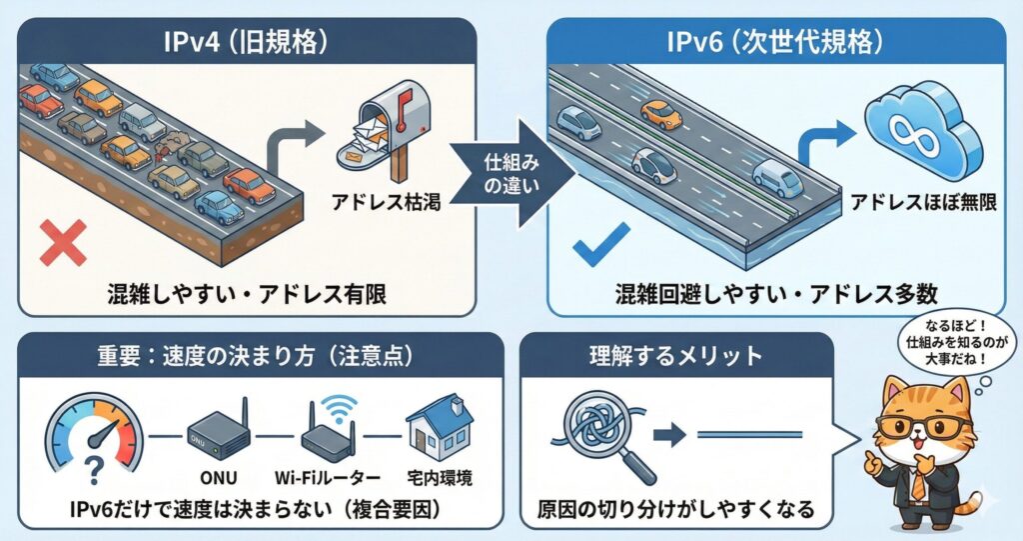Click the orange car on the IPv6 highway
click(662, 113)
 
